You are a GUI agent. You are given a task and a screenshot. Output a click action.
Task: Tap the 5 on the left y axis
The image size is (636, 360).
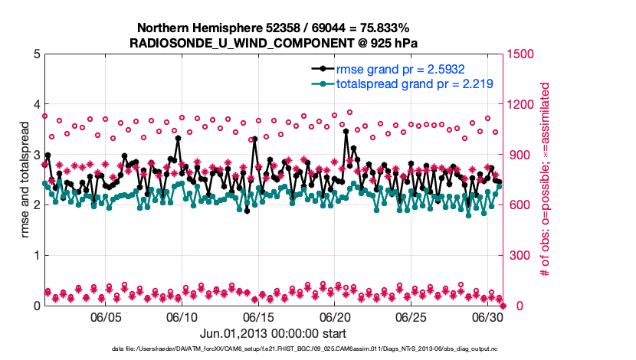point(37,54)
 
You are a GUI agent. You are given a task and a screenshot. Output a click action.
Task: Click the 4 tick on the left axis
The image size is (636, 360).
point(37,104)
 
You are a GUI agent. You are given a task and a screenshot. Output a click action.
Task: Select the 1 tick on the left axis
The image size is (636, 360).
point(37,255)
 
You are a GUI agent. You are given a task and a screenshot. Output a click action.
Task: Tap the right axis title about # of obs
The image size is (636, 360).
point(546,179)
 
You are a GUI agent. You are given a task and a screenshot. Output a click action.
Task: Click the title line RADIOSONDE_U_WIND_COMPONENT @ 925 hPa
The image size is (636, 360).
point(274,42)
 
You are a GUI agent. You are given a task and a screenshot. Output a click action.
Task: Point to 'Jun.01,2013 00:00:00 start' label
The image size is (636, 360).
point(273,334)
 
